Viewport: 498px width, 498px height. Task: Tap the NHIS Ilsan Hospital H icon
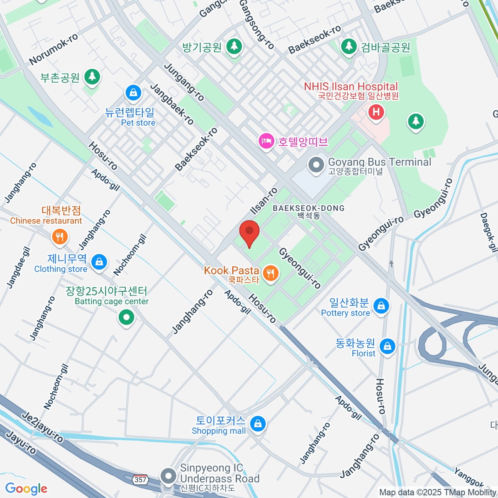coord(376,112)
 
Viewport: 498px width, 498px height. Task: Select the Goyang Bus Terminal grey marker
coord(316,165)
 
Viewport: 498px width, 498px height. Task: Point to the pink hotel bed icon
coord(266,141)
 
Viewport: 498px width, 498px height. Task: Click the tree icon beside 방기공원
coord(234,46)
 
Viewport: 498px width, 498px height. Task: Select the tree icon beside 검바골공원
coord(349,46)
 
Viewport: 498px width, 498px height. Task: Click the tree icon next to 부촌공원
coord(92,77)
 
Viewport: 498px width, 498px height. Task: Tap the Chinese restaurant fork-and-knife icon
coord(60,237)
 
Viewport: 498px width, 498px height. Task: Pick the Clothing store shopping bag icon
coord(99,262)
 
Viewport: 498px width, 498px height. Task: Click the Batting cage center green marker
coord(126,318)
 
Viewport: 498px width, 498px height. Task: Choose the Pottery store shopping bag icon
coord(381,306)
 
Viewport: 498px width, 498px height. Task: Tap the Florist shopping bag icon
coord(387,346)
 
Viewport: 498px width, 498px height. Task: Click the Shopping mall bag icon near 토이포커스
coord(258,424)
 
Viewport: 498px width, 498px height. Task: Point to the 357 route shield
coord(140,480)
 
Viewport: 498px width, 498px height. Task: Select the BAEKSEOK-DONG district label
coord(308,208)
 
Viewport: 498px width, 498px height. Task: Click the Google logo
coord(26,488)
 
